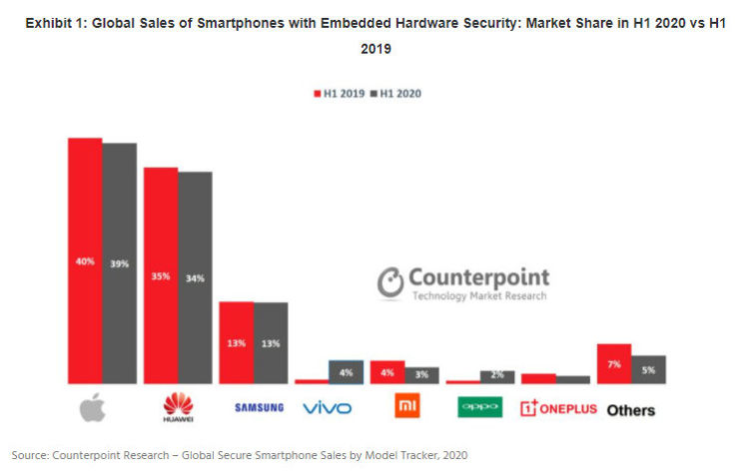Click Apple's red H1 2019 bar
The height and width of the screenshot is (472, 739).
[x=85, y=260]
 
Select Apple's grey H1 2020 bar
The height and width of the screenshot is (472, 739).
[x=119, y=263]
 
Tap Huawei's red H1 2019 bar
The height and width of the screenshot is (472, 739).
[x=161, y=275]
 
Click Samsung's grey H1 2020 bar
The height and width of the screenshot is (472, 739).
[x=271, y=342]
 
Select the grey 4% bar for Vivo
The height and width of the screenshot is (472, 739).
[x=346, y=371]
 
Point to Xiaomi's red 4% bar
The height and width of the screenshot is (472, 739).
[x=386, y=372]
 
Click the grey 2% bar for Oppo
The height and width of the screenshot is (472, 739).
[x=496, y=376]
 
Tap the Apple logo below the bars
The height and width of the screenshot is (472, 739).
[x=93, y=407]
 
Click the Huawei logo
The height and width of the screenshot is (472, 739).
[x=178, y=407]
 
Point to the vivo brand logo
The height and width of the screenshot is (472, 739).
[x=328, y=408]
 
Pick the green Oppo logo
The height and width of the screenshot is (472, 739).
[x=479, y=407]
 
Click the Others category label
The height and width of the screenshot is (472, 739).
[x=631, y=409]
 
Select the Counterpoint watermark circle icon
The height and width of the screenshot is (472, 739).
[x=391, y=281]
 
